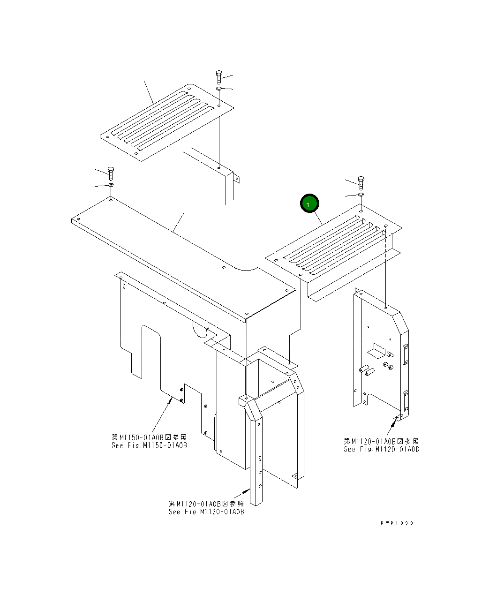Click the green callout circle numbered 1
coord(309,204)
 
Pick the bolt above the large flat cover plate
coord(111,173)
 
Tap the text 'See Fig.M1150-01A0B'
coord(149,445)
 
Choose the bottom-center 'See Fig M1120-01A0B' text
coord(206,512)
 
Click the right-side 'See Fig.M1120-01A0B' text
coord(381,449)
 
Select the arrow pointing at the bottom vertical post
coord(243,493)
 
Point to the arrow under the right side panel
coord(391,424)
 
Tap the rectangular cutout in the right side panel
coord(376,349)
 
